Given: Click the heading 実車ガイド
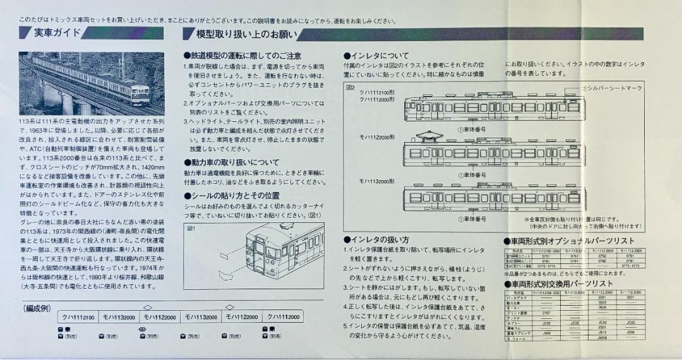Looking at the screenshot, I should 57,33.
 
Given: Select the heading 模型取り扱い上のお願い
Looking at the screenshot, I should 240,34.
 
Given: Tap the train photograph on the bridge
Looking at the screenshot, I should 92,83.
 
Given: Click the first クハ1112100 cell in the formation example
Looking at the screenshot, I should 78,316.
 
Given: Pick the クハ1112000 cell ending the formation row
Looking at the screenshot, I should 284,316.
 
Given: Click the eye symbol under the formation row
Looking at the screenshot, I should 142,329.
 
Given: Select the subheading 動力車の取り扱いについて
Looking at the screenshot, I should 231,162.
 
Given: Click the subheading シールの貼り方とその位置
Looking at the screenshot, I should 231,196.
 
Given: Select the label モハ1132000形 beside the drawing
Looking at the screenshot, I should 378,181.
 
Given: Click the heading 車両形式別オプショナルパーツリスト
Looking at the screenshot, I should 568,241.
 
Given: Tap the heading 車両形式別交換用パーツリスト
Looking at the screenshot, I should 559,284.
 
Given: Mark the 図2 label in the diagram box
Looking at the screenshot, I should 352,88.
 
